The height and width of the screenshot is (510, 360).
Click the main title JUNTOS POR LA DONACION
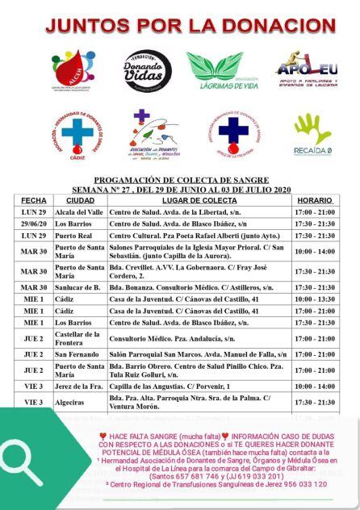pos(179,27)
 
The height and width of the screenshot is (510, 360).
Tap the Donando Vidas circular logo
pos(146,70)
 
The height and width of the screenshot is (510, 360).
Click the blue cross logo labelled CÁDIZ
pos(79,135)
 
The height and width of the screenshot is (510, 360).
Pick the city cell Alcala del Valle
pos(79,211)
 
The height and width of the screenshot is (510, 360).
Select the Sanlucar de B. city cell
pos(79,286)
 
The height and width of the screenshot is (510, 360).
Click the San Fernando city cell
pos(79,354)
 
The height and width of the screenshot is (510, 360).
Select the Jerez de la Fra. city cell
pos(79,386)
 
